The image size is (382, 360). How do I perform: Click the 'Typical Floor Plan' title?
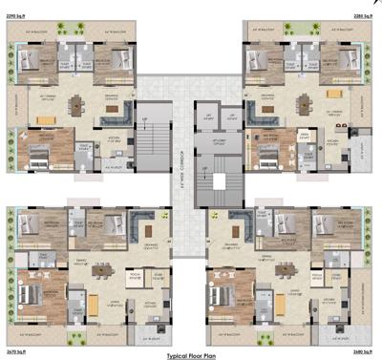[x=192, y=352]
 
